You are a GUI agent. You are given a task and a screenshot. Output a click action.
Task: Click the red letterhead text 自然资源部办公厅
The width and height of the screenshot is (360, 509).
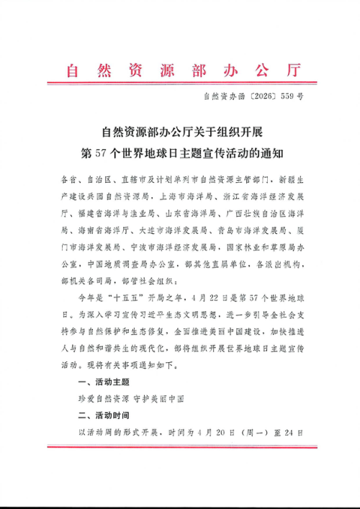tap(180, 71)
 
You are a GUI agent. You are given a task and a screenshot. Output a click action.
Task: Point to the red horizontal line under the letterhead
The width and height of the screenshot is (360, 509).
tap(180, 84)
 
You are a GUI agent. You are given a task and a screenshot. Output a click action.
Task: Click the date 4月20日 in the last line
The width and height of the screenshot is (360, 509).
tap(219, 433)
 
